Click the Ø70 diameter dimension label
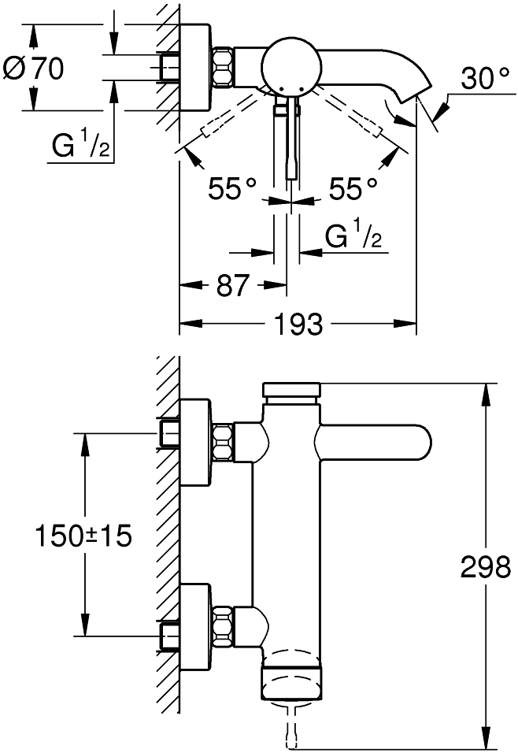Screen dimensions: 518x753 [33, 69]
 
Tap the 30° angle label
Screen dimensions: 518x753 [486, 78]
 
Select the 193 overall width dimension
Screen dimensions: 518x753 [298, 325]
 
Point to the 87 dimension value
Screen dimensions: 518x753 [233, 285]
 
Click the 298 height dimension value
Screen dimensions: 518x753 [486, 567]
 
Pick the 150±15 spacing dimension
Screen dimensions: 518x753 [83, 536]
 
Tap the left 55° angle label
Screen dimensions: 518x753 [233, 188]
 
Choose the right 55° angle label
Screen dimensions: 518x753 [353, 188]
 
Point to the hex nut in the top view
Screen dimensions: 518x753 [222, 67]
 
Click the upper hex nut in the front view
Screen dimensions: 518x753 [222, 443]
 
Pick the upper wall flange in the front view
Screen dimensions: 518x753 [195, 443]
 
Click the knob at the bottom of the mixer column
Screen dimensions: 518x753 [292, 681]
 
